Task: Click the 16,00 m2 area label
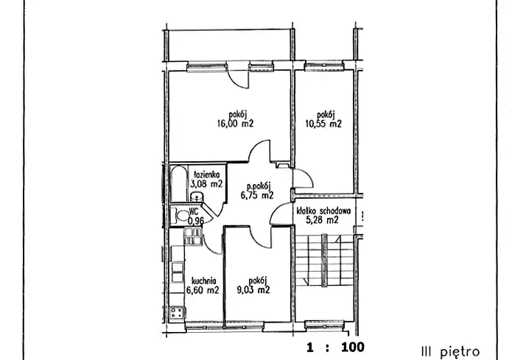pos(236,124)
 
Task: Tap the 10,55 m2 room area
pos(323,124)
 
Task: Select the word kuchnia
pos(204,281)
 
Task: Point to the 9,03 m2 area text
pos(253,290)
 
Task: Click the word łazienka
pos(207,174)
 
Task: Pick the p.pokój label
pos(259,186)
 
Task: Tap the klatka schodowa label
pos(323,211)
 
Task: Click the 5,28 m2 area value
pos(322,220)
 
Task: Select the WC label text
pos(194,212)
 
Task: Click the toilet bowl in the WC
pos(180,216)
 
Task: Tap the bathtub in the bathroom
pos(179,184)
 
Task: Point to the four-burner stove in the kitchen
pos(178,313)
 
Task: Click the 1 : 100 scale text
pos(335,347)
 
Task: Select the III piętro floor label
pos(451,352)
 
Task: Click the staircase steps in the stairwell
pos(324,260)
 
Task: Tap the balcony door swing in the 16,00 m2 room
pos(239,79)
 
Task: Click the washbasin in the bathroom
pos(197,197)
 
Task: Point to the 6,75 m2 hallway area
pos(257,196)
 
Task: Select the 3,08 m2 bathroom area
pos(206,184)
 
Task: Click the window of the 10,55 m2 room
pos(324,66)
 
